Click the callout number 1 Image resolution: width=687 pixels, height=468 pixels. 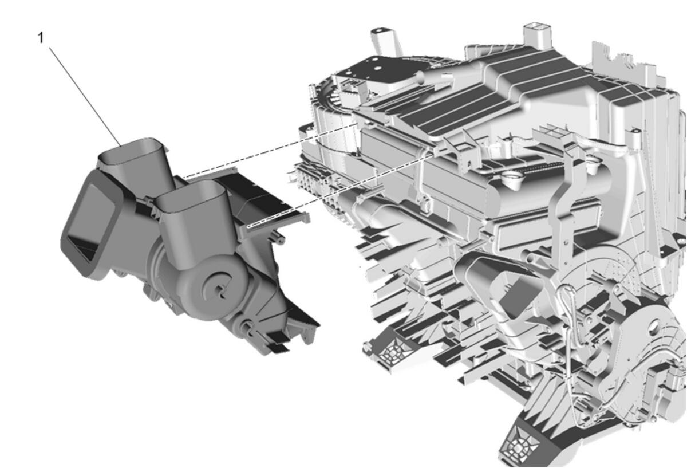[x=41, y=38]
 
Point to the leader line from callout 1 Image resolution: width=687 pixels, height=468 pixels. [x=85, y=96]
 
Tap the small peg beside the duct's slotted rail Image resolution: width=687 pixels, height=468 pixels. [x=277, y=238]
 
